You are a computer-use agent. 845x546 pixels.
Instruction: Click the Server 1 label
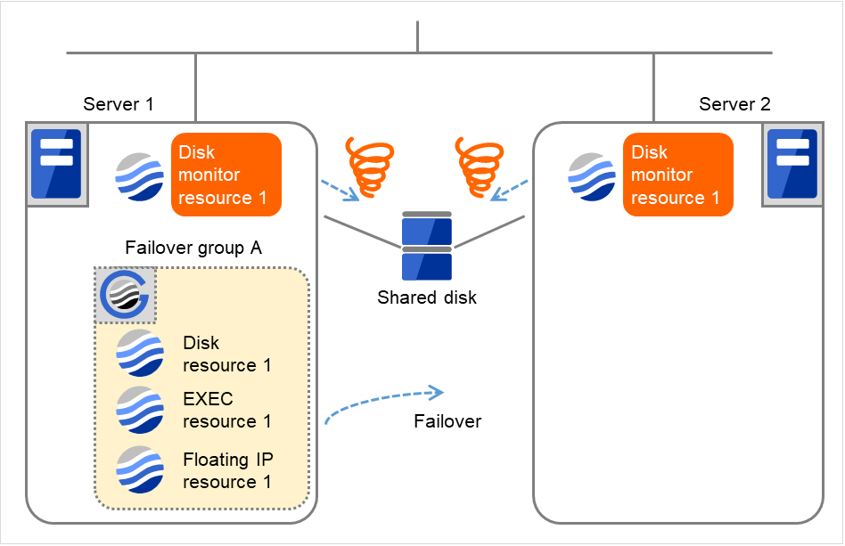119,104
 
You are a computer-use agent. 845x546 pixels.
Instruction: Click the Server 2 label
734,104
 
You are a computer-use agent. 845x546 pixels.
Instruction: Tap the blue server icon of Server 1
56,163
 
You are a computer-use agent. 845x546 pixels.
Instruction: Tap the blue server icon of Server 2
792,165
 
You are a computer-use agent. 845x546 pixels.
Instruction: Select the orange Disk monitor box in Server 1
226,175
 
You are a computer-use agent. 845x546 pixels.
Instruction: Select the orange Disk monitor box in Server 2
678,175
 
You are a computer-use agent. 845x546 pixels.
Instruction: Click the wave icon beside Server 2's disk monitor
592,175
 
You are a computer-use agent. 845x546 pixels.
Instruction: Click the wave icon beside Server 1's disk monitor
139,175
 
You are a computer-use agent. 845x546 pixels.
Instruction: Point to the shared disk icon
427,246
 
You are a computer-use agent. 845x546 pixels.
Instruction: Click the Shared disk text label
427,297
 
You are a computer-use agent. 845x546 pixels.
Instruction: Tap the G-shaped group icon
126,294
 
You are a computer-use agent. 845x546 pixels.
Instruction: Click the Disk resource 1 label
226,354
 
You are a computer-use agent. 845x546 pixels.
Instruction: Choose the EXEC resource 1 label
226,410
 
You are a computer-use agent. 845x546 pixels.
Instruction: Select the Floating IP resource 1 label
227,470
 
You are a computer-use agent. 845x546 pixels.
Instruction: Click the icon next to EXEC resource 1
140,410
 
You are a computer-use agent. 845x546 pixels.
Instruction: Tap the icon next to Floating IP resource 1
140,469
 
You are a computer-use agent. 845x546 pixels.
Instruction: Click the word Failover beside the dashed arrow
447,421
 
